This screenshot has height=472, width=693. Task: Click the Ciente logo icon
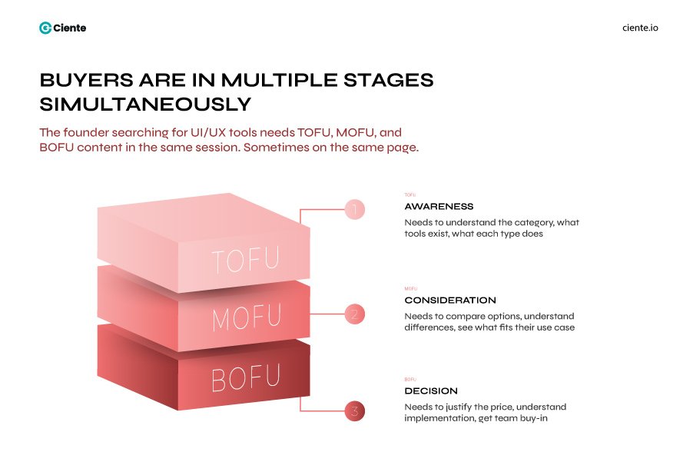[x=45, y=28]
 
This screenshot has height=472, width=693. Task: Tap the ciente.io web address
[x=640, y=28]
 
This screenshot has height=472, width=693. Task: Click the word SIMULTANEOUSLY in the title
[x=145, y=104]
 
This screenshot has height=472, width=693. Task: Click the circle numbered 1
[x=354, y=209]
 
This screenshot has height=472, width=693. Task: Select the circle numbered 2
[x=354, y=314]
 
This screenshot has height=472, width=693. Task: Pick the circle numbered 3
[x=354, y=411]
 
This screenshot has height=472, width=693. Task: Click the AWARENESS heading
[x=439, y=207]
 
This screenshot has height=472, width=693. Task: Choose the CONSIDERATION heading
[x=450, y=301]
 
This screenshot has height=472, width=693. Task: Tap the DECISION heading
[x=431, y=391]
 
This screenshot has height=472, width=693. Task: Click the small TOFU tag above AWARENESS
[x=410, y=195]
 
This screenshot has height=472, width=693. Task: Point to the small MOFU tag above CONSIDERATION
[x=411, y=289]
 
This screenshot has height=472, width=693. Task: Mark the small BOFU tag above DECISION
[x=410, y=380]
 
